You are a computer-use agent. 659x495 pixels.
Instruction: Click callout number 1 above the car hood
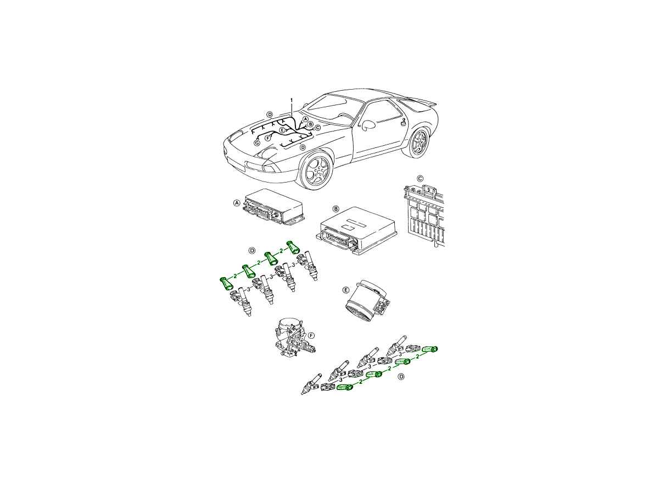[291, 100]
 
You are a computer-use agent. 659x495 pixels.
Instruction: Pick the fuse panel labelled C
[423, 215]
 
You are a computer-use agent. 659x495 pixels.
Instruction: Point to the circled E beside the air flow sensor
[346, 290]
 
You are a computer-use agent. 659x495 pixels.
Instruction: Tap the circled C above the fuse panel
[420, 179]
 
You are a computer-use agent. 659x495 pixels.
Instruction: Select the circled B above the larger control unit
[336, 208]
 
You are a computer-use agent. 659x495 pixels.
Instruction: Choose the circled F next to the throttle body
[311, 335]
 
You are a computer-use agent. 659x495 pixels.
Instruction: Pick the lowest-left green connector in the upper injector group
[226, 283]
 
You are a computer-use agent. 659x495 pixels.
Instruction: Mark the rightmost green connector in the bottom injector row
[430, 349]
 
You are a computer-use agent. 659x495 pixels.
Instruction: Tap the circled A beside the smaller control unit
[237, 203]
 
